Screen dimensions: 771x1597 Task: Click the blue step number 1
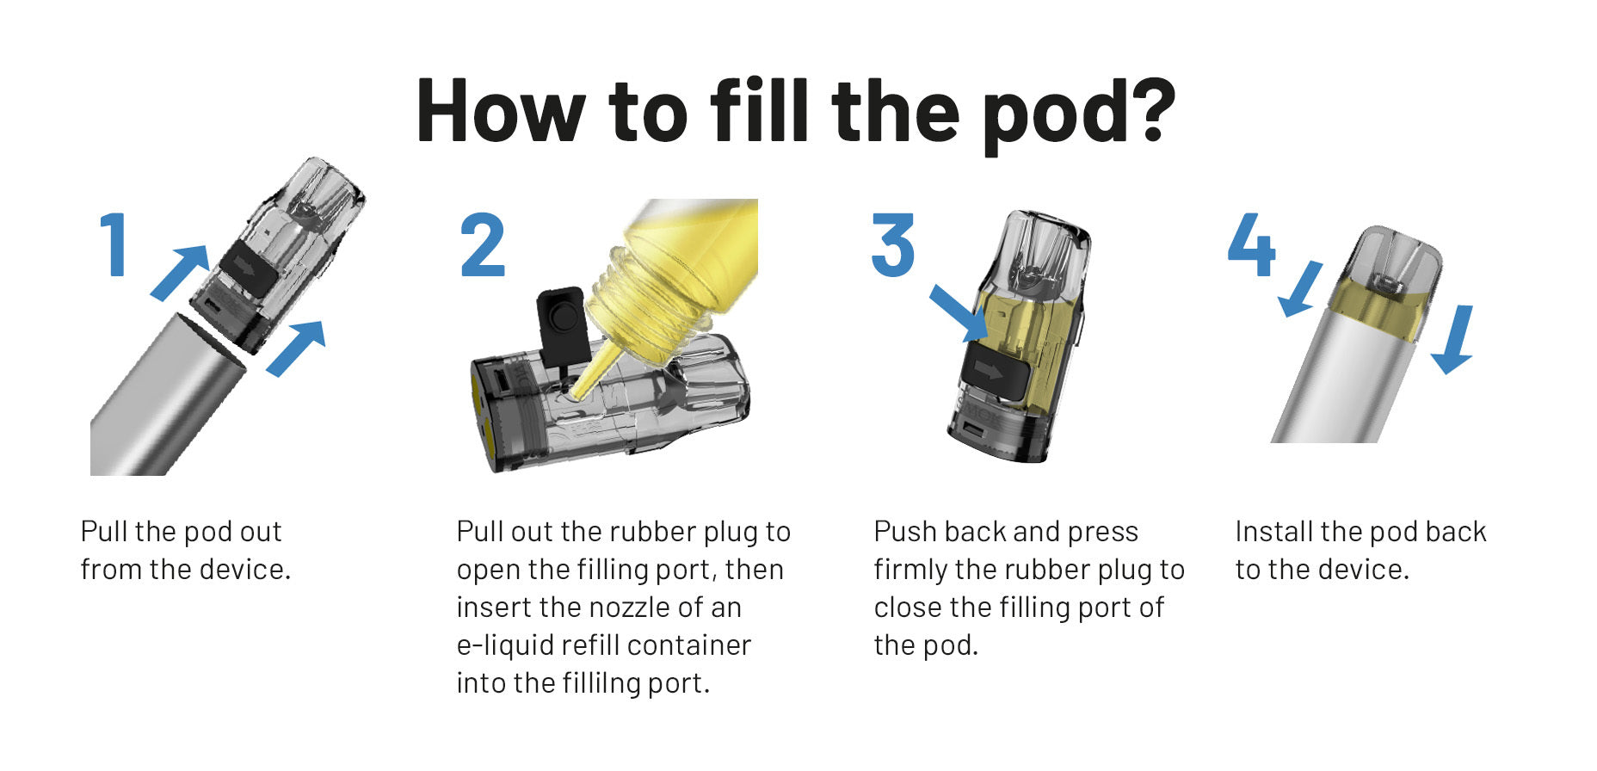114,245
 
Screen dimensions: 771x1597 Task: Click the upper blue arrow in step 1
181,272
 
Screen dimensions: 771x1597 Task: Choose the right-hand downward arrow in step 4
1455,340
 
